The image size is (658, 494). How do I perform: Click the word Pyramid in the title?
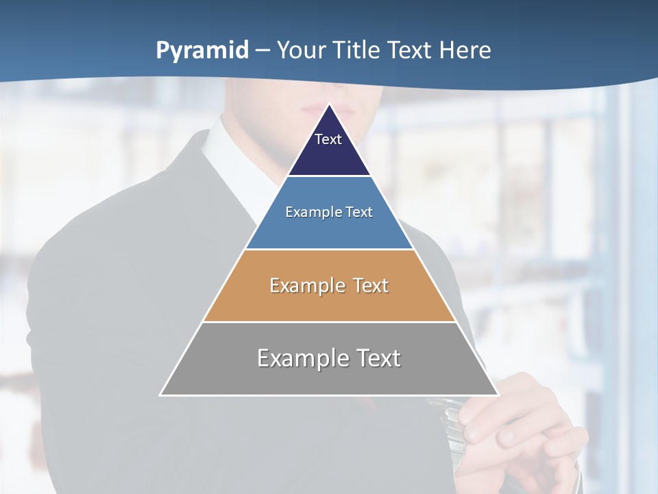click(x=202, y=51)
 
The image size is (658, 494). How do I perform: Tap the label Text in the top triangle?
click(x=328, y=139)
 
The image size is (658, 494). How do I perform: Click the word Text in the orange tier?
click(x=371, y=285)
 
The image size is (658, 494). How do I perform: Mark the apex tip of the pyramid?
click(x=329, y=104)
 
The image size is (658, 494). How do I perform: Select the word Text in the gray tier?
click(x=376, y=358)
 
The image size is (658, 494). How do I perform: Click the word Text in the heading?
click(x=411, y=51)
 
